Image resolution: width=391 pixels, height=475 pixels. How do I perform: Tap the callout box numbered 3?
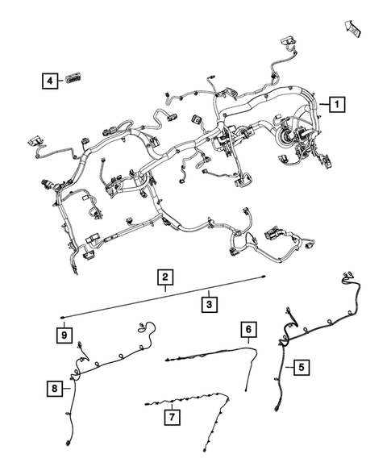coord(208,304)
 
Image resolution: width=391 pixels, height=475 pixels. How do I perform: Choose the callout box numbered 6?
coord(249,329)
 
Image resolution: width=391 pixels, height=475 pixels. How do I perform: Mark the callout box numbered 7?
coord(171,417)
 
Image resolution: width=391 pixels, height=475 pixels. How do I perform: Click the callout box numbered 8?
coord(53,389)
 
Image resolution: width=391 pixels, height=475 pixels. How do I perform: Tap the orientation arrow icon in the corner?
coord(352,27)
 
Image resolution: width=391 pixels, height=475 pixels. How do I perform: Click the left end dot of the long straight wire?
coord(61,318)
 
